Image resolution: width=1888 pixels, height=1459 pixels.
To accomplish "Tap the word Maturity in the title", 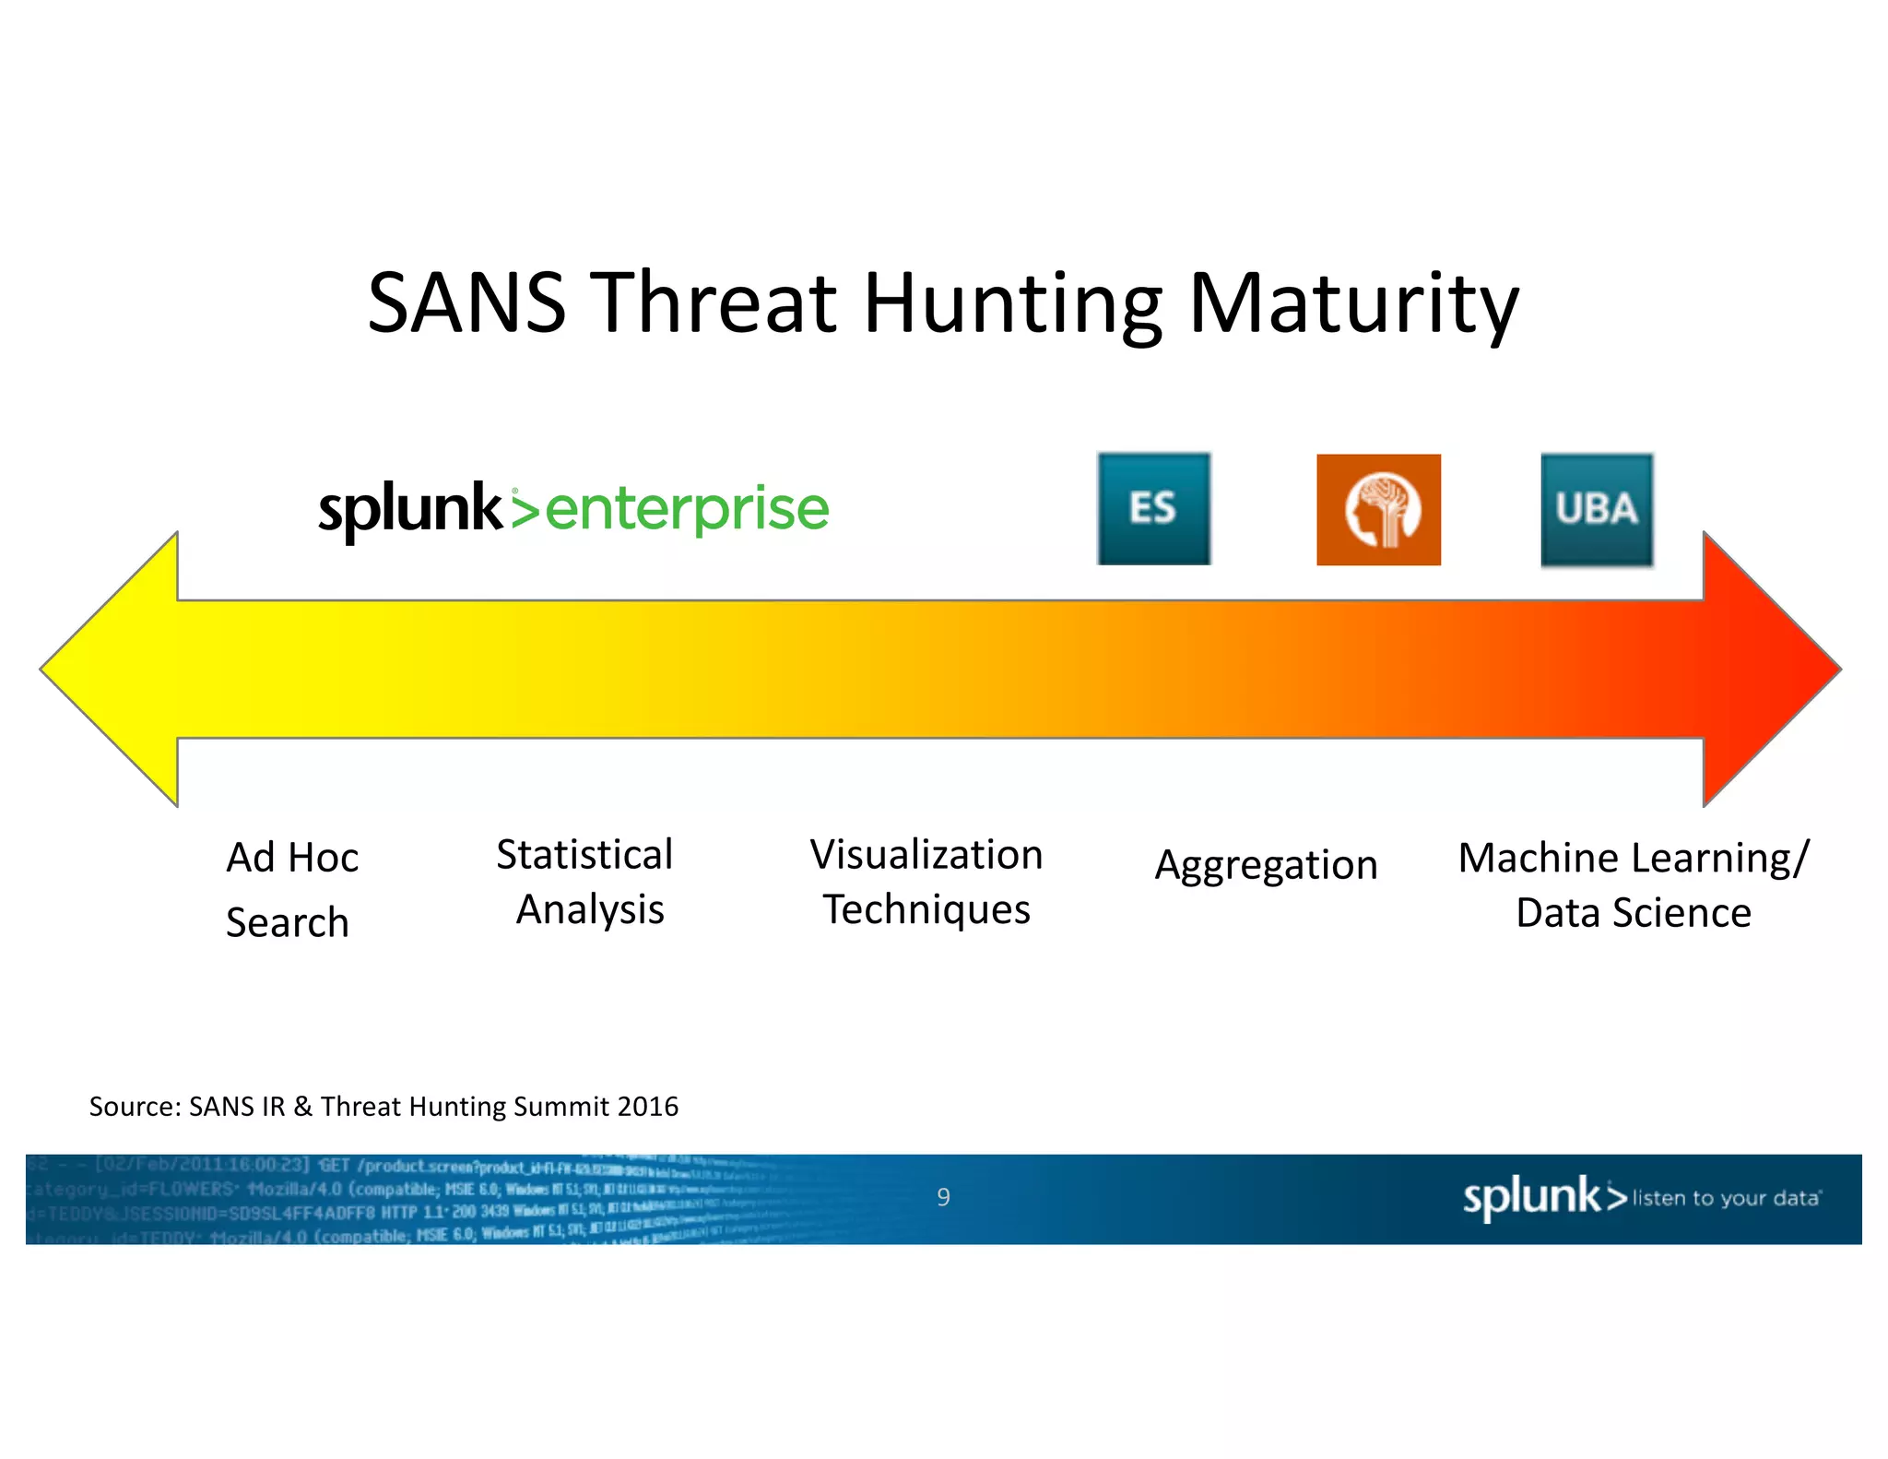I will pyautogui.click(x=1352, y=304).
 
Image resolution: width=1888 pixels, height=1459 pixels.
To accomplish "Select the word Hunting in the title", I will pyautogui.click(x=1012, y=304).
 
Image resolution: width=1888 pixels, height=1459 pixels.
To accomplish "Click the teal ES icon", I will pyautogui.click(x=1153, y=509).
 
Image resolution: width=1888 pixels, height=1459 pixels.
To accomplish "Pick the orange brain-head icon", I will pyautogui.click(x=1378, y=509).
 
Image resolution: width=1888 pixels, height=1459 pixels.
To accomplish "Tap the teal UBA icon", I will pyautogui.click(x=1597, y=509).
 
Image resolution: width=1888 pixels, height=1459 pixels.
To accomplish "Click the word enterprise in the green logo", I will pyautogui.click(x=687, y=509).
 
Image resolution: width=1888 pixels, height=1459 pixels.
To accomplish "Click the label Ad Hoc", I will pyautogui.click(x=292, y=858).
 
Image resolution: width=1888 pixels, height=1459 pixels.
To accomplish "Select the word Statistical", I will pyautogui.click(x=584, y=855).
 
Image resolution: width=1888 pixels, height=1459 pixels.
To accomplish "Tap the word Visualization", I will pyautogui.click(x=926, y=855).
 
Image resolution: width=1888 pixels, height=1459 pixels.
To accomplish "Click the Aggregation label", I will pyautogui.click(x=1266, y=865).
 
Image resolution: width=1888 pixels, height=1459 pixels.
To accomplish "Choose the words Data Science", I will pyautogui.click(x=1633, y=913).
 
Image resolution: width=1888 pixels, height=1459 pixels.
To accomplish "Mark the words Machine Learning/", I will pyautogui.click(x=1633, y=858).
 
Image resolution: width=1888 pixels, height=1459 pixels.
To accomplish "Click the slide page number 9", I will pyautogui.click(x=943, y=1197).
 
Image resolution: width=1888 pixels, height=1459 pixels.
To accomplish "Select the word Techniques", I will pyautogui.click(x=926, y=910).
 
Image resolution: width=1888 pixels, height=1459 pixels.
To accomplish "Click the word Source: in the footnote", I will pyautogui.click(x=135, y=1106).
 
